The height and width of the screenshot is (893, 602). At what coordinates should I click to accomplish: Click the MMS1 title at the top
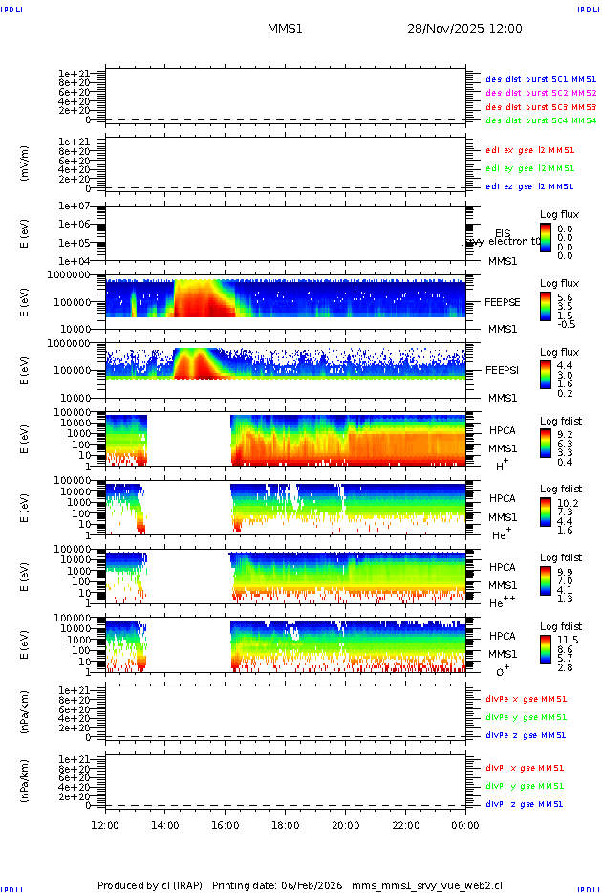285,29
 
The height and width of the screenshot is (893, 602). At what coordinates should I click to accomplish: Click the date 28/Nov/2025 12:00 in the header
464,29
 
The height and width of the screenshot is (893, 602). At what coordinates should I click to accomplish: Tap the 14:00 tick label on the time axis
165,824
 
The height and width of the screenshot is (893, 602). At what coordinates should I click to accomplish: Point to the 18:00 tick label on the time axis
285,824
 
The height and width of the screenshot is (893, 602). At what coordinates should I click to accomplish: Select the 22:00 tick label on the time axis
405,824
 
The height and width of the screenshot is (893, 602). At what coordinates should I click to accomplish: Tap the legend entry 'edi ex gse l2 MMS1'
530,150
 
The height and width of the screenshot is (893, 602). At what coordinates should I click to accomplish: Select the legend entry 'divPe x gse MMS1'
526,699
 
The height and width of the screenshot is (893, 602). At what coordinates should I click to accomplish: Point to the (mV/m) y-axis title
26,163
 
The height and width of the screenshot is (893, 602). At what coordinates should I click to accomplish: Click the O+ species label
502,671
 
